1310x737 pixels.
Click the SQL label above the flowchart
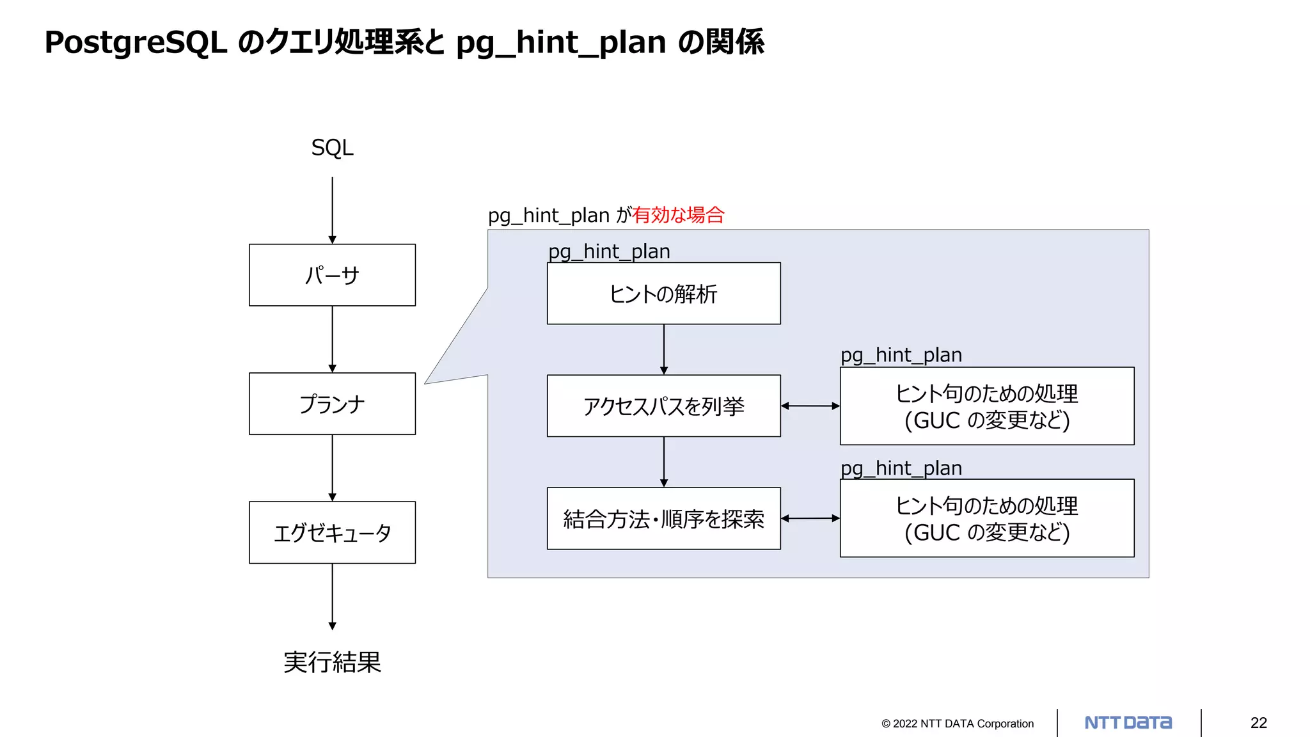[x=332, y=148]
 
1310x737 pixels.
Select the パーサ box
[x=332, y=275]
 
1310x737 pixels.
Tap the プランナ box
[x=332, y=404]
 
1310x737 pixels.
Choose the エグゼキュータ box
[x=332, y=532]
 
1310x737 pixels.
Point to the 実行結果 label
[x=332, y=662]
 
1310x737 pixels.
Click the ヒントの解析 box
[x=663, y=294]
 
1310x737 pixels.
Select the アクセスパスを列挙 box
[x=663, y=406]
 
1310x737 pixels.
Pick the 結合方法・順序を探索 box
[x=663, y=519]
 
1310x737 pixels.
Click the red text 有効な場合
[x=678, y=215]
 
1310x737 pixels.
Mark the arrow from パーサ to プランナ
[x=332, y=339]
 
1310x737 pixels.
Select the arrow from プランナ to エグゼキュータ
[x=332, y=468]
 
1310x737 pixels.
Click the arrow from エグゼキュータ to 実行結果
[x=332, y=596]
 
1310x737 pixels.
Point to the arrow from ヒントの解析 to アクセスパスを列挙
[x=664, y=349]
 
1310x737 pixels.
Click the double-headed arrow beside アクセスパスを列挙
[x=810, y=406]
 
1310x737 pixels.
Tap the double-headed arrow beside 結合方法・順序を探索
[x=810, y=518]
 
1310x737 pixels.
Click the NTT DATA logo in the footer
[x=1128, y=723]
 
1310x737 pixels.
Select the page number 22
[x=1258, y=723]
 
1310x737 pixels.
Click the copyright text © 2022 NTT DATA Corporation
[x=957, y=724]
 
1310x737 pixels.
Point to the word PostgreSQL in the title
[x=136, y=43]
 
